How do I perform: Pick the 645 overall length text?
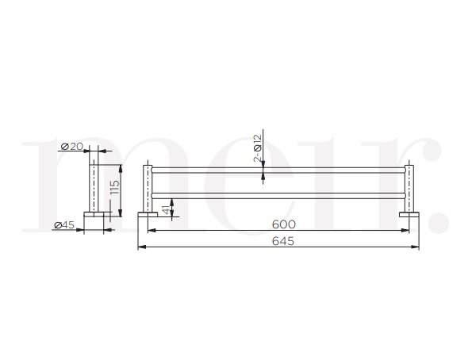click(x=279, y=241)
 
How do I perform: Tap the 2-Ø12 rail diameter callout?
click(x=257, y=148)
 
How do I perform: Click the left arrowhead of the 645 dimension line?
click(x=141, y=247)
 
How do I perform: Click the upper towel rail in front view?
click(x=278, y=170)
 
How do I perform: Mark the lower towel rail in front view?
click(x=278, y=193)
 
